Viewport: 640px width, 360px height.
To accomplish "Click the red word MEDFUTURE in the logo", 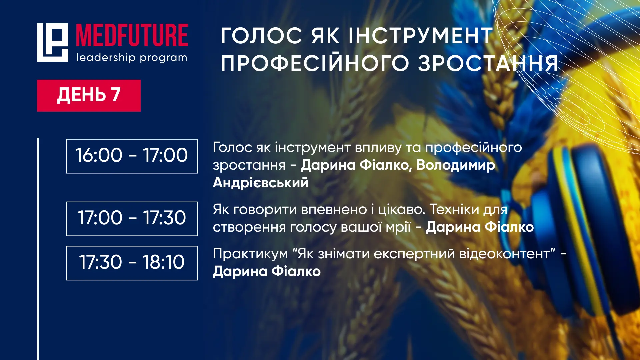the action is tap(132, 35).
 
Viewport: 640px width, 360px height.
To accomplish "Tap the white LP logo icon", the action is tap(52, 43).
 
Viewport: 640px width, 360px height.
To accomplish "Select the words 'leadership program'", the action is tap(132, 58).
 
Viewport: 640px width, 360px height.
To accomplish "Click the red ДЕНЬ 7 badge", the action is tap(89, 95).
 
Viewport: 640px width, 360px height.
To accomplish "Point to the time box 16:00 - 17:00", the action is tap(132, 156).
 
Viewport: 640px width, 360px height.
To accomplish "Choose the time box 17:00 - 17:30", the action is tap(132, 219).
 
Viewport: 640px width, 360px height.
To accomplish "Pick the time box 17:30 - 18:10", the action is tap(132, 263).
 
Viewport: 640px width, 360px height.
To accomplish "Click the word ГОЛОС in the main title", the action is tap(262, 36).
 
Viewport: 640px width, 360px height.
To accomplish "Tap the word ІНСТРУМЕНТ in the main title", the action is tap(421, 36).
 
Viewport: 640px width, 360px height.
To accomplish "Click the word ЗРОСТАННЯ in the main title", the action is tap(488, 63).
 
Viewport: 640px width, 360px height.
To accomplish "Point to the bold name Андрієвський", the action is tap(261, 183).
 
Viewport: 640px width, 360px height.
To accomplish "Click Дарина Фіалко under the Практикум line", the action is tap(267, 271).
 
